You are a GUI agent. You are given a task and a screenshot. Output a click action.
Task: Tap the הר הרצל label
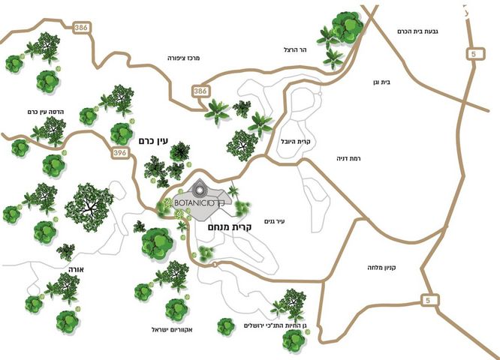297,49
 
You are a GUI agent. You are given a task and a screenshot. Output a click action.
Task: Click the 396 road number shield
119,153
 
